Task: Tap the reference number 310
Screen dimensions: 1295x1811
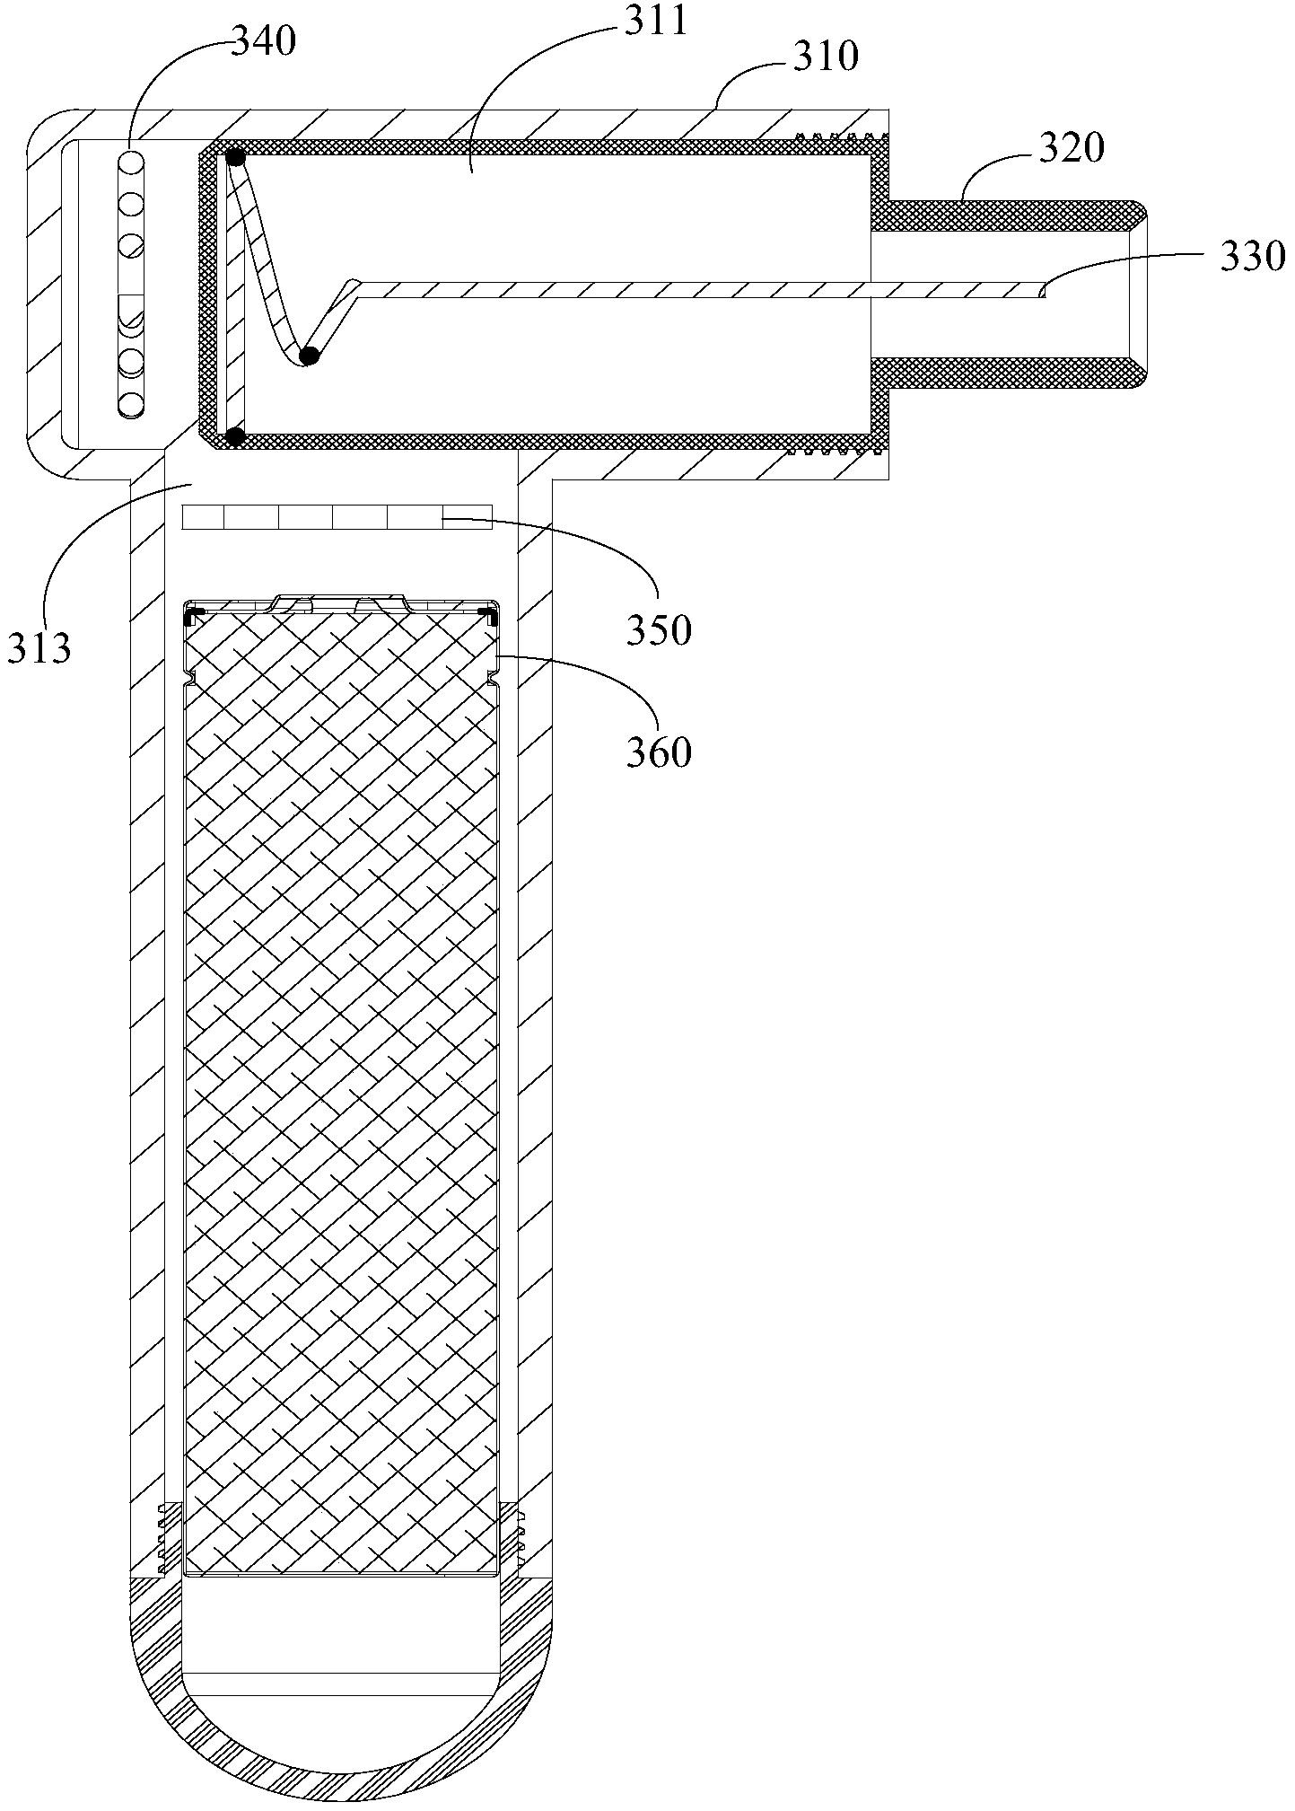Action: coord(826,57)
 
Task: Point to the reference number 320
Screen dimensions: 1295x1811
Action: coord(1072,148)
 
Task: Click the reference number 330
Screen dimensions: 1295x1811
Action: coord(1252,257)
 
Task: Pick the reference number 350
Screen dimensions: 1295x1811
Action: coord(660,630)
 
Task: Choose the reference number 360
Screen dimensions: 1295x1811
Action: coord(660,752)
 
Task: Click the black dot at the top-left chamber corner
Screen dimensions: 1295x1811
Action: coord(235,157)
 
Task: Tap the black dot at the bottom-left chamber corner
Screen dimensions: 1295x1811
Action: coord(235,437)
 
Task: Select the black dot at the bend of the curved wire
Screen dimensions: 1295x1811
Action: coord(309,356)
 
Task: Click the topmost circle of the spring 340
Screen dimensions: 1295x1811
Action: coord(131,163)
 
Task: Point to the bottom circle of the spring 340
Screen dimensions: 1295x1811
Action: coord(131,404)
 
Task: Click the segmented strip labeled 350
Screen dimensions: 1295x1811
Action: coord(337,517)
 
